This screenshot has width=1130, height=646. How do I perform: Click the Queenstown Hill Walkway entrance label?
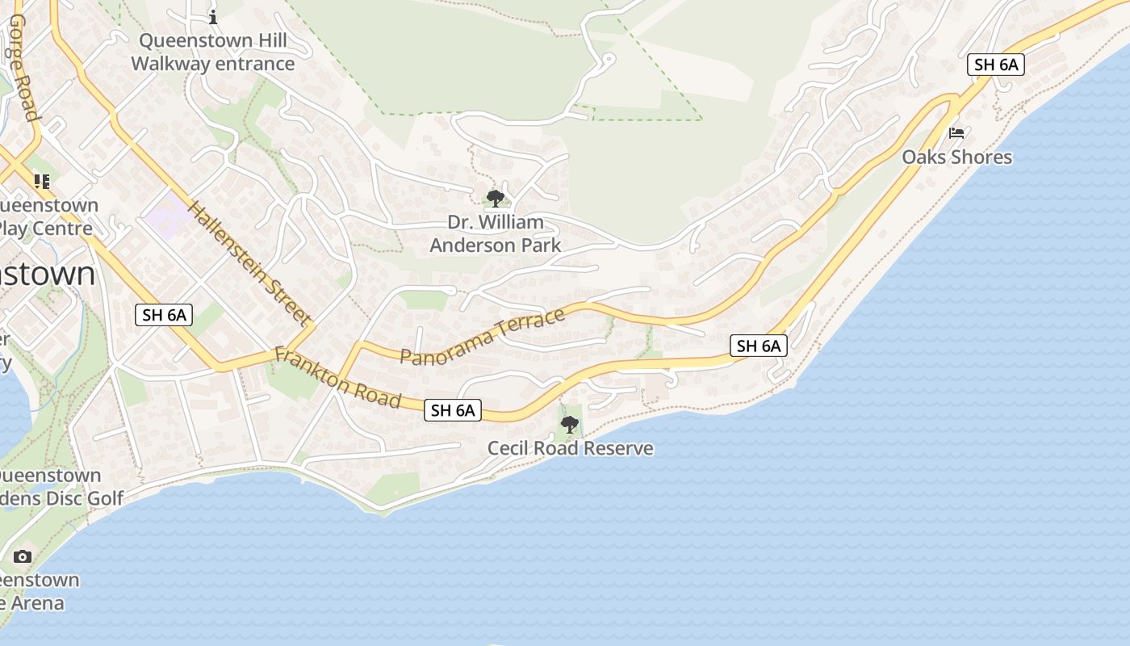tap(212, 52)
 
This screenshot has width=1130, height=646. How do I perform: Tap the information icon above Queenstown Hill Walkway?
tap(213, 16)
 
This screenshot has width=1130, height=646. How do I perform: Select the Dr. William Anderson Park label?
tap(495, 233)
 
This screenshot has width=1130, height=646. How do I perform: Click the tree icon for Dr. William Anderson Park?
tap(496, 198)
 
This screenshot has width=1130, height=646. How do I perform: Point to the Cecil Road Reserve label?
tap(570, 448)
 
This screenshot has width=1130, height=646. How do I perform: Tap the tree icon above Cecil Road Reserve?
tap(570, 424)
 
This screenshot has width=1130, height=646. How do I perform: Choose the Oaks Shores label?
tap(956, 157)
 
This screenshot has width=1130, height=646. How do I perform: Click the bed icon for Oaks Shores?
tap(956, 132)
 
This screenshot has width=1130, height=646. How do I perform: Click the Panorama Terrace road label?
tap(483, 337)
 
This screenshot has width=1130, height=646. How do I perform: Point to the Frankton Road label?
tap(337, 378)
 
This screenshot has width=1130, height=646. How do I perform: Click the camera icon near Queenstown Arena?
tap(23, 556)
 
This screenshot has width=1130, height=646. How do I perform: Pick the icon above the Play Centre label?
tap(41, 182)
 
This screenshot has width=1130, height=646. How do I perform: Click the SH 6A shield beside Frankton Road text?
tap(453, 410)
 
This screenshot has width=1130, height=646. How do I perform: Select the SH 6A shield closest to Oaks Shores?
tap(995, 65)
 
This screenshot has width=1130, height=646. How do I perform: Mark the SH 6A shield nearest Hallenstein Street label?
tap(164, 315)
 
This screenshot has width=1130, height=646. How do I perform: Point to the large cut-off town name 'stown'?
tap(48, 274)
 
